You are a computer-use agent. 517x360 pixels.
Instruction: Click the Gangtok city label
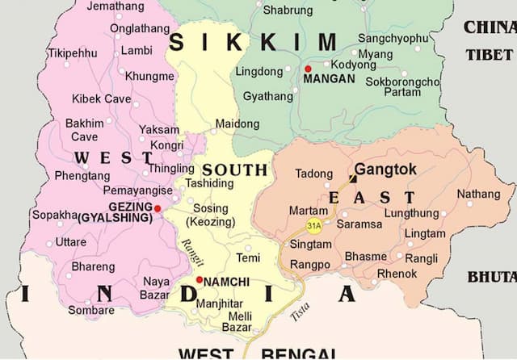[385, 170]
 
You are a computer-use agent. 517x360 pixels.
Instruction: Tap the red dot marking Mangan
[308, 68]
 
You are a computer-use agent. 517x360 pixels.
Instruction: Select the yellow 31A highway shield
[313, 225]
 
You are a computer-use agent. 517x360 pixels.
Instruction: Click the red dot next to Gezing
[158, 208]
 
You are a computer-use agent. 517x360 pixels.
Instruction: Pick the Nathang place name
[478, 194]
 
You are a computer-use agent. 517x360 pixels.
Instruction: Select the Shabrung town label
[288, 10]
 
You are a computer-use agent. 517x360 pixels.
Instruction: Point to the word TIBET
[488, 54]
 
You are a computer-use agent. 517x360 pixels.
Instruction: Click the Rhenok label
[397, 274]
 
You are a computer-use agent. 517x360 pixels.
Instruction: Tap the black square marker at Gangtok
[352, 178]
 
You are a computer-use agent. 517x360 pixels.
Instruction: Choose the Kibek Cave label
[101, 99]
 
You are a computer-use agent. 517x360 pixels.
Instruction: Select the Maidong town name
[237, 124]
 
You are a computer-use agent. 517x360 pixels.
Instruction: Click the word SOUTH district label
[234, 170]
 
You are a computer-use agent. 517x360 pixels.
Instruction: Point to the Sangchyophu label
[393, 38]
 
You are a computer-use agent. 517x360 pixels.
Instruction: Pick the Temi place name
[248, 257]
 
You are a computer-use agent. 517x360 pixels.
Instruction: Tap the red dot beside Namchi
[200, 279]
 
